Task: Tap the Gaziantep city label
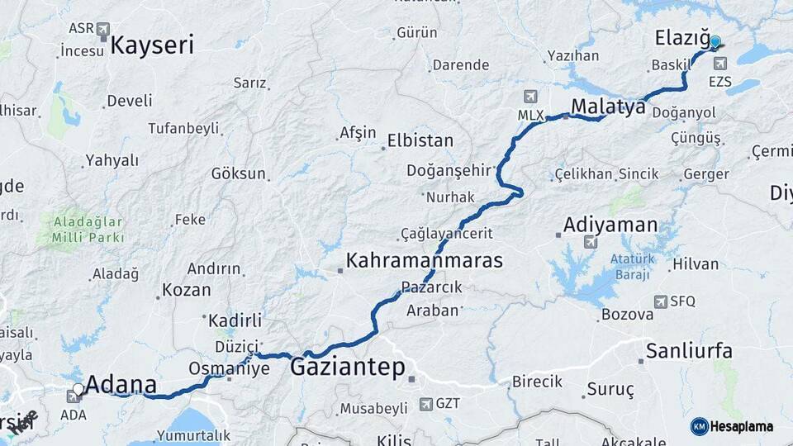[x=347, y=367]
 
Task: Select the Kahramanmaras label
[x=424, y=261]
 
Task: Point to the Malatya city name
[x=607, y=107]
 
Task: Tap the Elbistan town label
[x=421, y=141]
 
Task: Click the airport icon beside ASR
[x=103, y=31]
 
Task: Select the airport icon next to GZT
[x=425, y=404]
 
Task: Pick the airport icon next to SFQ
[x=660, y=302]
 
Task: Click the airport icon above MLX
[x=529, y=97]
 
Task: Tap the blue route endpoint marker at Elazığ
[x=715, y=42]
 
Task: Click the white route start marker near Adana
[x=78, y=388]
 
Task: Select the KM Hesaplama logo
[x=732, y=426]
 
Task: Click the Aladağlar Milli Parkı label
[x=88, y=230]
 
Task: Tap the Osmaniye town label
[x=229, y=368]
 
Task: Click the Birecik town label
[x=537, y=382]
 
